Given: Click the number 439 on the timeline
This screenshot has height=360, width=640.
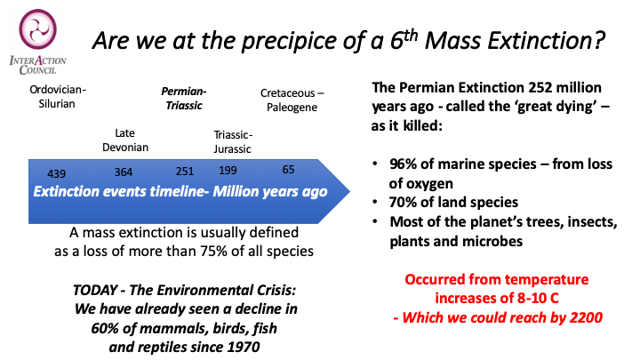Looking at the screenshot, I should tap(44, 173).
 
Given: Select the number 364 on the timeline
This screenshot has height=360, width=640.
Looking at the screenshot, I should tap(123, 172).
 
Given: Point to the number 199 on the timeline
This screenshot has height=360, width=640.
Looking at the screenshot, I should tap(228, 169).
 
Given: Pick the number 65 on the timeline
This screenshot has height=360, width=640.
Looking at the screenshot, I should tap(289, 169).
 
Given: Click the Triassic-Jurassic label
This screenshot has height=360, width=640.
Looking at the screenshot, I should tap(233, 141).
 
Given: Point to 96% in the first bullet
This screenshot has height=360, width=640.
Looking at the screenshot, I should tap(411, 167).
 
